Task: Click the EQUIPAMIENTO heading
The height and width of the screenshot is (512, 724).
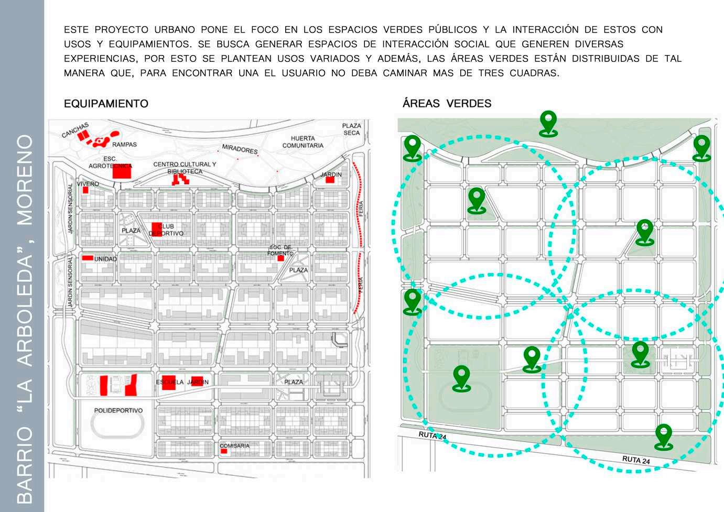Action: pos(106,104)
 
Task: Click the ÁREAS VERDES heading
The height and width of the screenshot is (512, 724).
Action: pos(447,103)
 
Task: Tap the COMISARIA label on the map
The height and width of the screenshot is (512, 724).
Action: pos(234,445)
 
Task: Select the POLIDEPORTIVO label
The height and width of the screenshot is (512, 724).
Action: pos(118,410)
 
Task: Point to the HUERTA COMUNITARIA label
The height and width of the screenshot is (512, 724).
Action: pos(302,142)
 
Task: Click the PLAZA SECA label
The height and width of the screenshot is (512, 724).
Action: pos(351,129)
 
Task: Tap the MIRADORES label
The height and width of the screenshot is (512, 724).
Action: pos(240,149)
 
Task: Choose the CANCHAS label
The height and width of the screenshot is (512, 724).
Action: pos(75,129)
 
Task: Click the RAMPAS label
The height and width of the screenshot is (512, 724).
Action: pos(124,144)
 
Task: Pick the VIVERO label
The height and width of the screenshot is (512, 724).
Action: pos(88,184)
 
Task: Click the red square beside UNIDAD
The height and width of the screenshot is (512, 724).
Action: pos(88,258)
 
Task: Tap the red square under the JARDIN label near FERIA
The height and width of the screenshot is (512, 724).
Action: pos(330,180)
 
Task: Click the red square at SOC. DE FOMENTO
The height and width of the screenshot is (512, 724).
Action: pos(280,258)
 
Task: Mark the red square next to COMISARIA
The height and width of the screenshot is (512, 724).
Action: pos(224,451)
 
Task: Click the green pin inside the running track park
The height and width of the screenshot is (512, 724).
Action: pos(461,377)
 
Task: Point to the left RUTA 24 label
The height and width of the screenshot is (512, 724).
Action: pos(432,435)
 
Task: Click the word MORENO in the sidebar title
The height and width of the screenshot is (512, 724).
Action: pos(25,180)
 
